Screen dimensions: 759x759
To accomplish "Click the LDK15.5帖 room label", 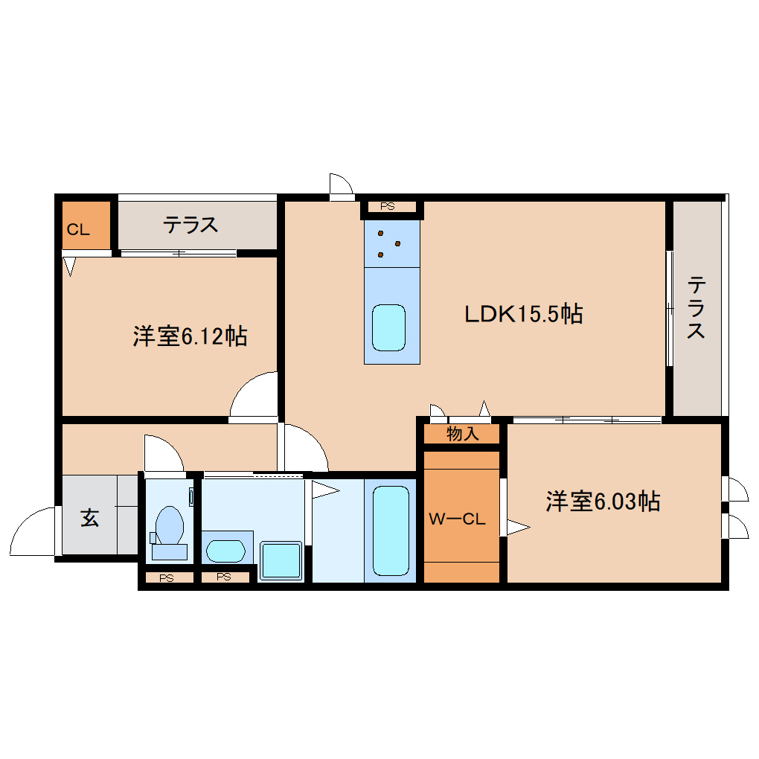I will click(x=523, y=313).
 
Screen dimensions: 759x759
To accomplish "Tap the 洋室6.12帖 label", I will click(x=190, y=336).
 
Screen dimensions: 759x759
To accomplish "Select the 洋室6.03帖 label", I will click(x=603, y=502).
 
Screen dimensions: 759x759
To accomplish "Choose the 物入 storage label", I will click(x=462, y=434).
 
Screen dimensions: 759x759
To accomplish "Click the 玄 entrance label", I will click(x=90, y=518).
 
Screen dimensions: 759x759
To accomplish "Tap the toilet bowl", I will click(x=170, y=525).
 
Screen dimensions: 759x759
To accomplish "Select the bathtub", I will click(x=390, y=531).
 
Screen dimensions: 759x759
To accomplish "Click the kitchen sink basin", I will click(x=390, y=327).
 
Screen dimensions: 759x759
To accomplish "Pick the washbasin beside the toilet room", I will click(x=225, y=551).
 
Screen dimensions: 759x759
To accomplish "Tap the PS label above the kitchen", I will click(x=387, y=207).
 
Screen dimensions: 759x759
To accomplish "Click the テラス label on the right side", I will click(x=696, y=307).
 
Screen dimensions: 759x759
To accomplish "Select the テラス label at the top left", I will click(x=191, y=224).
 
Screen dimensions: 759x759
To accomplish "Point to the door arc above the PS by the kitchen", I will click(x=340, y=186).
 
